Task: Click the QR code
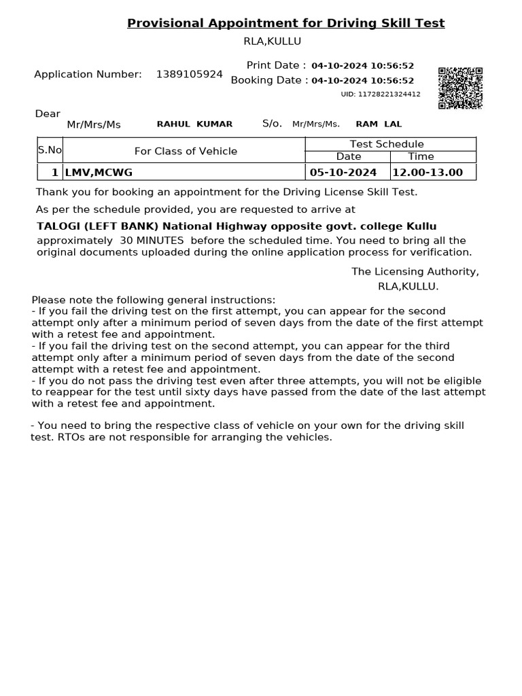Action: point(460,88)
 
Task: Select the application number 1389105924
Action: point(189,74)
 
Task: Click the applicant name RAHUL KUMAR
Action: point(194,124)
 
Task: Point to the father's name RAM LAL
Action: point(379,124)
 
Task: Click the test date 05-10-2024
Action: point(343,173)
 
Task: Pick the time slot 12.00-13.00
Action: point(428,173)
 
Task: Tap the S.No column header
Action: point(50,150)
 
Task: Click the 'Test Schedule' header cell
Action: point(387,144)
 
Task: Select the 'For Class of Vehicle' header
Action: point(186,151)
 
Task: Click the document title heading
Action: point(285,23)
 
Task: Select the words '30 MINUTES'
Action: point(152,241)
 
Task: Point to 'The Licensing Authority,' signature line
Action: point(415,272)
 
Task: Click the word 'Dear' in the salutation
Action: point(48,114)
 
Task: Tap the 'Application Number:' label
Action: point(88,74)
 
